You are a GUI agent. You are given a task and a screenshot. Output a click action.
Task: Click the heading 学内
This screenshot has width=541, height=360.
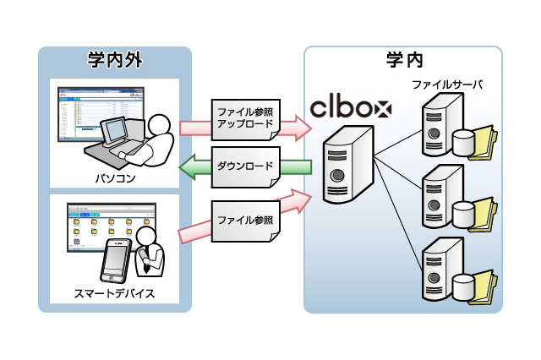point(403,61)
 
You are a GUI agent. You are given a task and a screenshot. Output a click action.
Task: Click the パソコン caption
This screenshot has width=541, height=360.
point(115,178)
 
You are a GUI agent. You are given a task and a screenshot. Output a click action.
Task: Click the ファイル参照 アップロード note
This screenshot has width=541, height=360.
point(245,118)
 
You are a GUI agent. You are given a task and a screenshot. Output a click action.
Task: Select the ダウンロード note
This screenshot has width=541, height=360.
point(245,166)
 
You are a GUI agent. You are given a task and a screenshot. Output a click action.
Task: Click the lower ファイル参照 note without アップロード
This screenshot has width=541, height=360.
point(245,221)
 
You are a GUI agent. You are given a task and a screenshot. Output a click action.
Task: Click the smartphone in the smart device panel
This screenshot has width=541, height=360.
point(115,262)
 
